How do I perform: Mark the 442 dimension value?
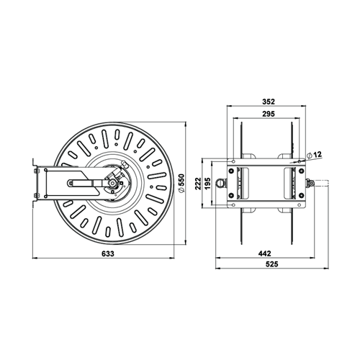(x=266, y=253)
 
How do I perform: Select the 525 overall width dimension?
(x=272, y=264)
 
